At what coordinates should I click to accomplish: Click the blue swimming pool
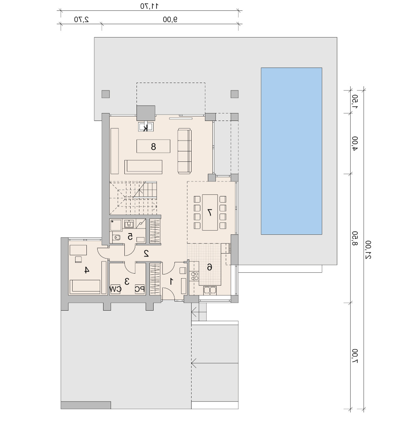click(291, 151)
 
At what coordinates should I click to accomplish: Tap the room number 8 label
click(153, 147)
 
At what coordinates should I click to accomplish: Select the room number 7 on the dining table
click(210, 213)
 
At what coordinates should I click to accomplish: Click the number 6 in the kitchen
click(210, 267)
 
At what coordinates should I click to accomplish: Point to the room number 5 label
click(130, 236)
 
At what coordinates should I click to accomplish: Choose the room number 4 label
click(87, 270)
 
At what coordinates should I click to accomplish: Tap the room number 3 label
click(127, 282)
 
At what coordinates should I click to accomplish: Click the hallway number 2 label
click(146, 254)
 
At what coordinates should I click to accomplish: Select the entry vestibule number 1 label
click(172, 281)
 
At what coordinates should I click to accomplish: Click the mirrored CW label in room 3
click(115, 289)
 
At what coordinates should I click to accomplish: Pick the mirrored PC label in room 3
click(140, 289)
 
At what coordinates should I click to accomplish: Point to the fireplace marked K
click(146, 127)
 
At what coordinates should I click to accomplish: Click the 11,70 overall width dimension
click(149, 6)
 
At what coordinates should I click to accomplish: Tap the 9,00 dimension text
click(170, 20)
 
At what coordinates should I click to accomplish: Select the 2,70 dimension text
click(81, 20)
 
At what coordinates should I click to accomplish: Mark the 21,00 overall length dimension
click(369, 250)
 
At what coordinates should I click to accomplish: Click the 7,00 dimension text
click(355, 356)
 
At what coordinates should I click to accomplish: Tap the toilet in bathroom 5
click(116, 237)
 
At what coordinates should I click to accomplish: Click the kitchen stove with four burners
click(194, 276)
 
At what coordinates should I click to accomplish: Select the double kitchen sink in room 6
click(210, 290)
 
